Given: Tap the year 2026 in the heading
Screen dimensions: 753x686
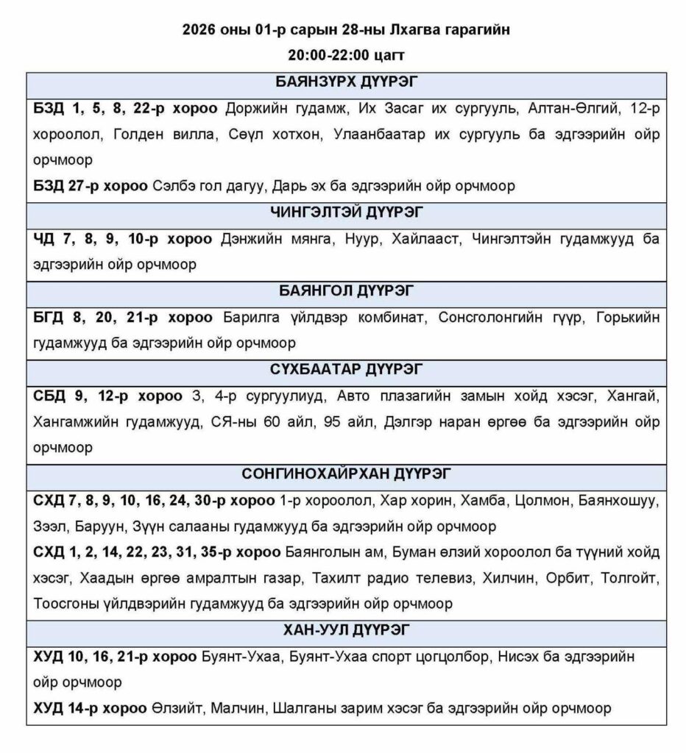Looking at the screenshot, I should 200,30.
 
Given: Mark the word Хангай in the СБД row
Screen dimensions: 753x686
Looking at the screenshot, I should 633,396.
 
